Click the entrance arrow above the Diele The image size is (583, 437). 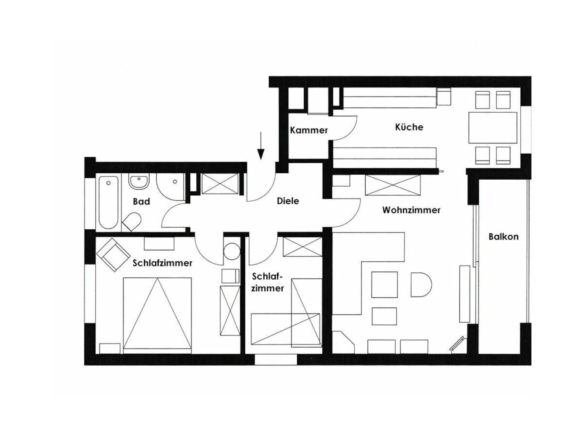tap(261, 146)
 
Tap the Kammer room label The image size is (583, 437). tap(309, 130)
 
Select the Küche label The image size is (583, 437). tap(409, 127)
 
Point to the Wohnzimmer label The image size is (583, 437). tap(411, 210)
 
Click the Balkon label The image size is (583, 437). tap(503, 237)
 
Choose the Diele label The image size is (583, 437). tap(288, 201)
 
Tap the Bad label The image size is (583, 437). tap(141, 202)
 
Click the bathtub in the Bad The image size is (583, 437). tap(108, 202)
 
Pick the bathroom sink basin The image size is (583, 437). tap(139, 181)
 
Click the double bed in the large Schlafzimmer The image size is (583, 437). tap(157, 315)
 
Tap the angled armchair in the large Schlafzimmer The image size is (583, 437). tap(113, 255)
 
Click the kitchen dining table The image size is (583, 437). tap(493, 127)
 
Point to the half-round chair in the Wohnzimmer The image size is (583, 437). tap(421, 284)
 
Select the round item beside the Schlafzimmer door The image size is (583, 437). tap(232, 251)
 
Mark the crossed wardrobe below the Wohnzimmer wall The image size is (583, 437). tap(393, 185)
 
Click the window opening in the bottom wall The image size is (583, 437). tap(275, 360)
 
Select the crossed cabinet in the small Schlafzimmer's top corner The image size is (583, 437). tap(302, 247)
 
